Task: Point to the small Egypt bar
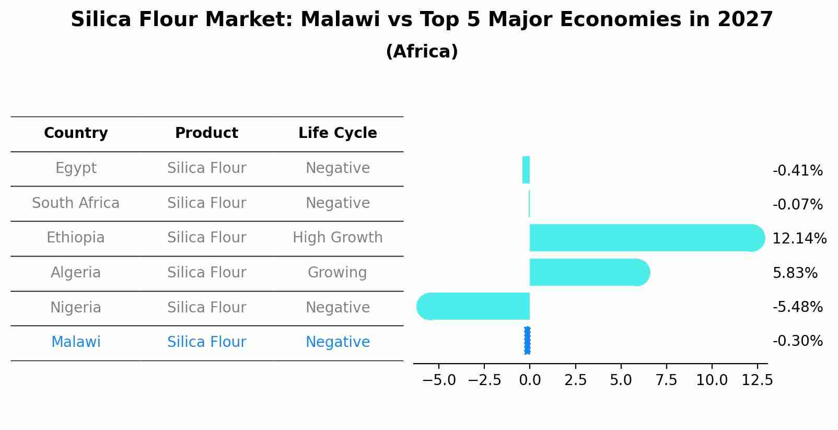click(x=526, y=170)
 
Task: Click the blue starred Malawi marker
click(x=527, y=341)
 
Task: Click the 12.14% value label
click(x=799, y=239)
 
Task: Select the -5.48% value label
click(x=797, y=307)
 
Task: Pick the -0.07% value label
click(x=797, y=205)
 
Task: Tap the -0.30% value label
click(x=797, y=341)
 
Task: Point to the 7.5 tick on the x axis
click(x=666, y=380)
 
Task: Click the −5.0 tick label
click(x=438, y=380)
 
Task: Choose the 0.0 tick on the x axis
click(x=530, y=380)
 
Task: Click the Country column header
click(x=76, y=133)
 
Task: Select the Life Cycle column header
click(x=337, y=133)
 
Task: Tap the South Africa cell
click(x=76, y=203)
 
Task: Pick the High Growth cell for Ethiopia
click(x=337, y=238)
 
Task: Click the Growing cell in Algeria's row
click(x=337, y=273)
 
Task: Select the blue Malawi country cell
click(x=76, y=342)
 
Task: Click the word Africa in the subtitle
click(x=422, y=52)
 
